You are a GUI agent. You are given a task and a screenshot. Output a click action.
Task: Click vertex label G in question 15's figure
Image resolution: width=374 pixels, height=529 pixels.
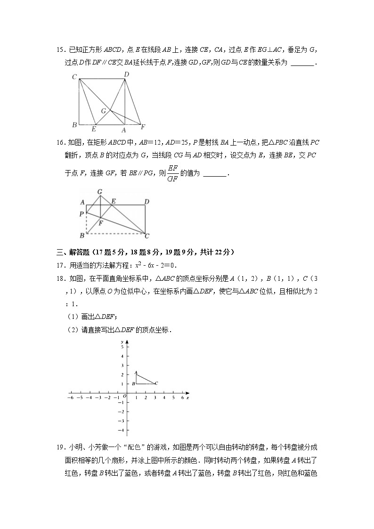[104, 111]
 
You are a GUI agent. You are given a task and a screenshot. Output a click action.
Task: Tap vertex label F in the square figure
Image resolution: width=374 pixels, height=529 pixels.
[143, 127]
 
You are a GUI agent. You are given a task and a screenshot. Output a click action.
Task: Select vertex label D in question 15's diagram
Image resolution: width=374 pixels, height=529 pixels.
[126, 74]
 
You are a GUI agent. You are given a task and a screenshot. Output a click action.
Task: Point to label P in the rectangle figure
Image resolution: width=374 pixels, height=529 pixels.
[82, 213]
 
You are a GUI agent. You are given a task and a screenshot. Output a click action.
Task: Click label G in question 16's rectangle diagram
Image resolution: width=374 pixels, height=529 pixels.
[100, 192]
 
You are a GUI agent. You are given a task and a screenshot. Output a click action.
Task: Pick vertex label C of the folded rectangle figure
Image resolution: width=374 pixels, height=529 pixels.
[147, 236]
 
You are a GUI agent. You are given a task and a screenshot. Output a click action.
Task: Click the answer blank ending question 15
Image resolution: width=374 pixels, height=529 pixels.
[302, 63]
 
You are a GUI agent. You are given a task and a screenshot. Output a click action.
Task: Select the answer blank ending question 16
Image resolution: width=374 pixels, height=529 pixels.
[215, 174]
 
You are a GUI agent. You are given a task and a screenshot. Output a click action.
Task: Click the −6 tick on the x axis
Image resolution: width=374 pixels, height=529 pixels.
[71, 398]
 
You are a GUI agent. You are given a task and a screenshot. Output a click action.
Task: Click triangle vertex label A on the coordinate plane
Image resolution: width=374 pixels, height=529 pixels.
[135, 373]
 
